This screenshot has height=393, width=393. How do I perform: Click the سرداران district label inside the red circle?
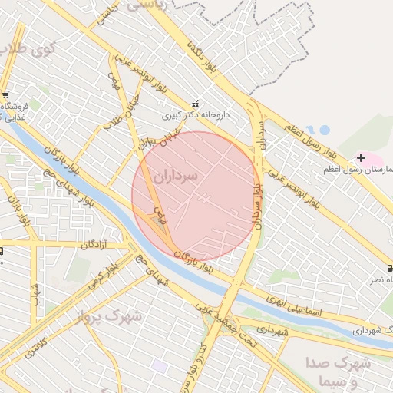[175, 176]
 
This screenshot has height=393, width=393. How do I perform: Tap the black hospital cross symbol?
[361, 157]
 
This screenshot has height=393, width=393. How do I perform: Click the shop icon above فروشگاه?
[5, 94]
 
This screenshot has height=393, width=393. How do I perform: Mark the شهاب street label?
[35, 292]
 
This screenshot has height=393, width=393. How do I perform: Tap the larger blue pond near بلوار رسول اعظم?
[324, 130]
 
